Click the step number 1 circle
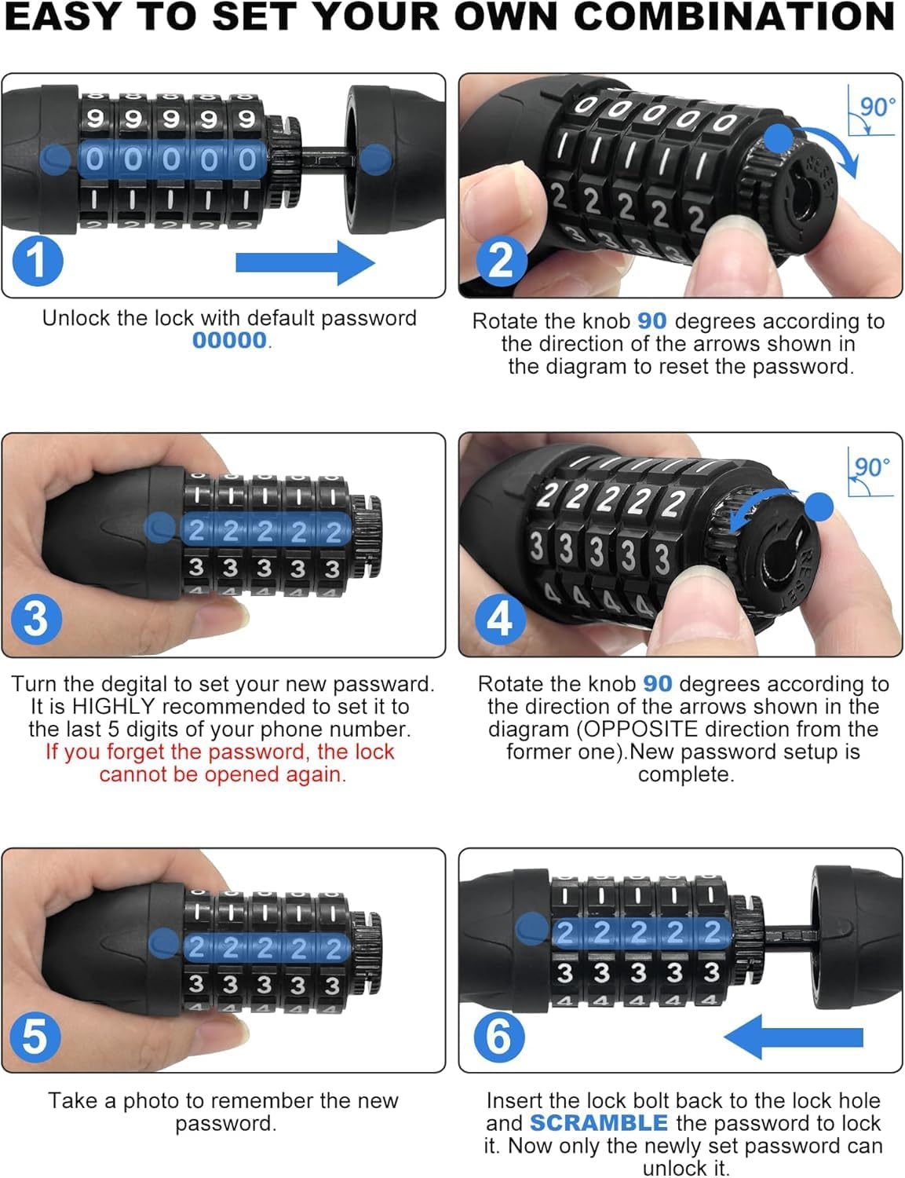click(x=37, y=261)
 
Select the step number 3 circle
click(x=36, y=619)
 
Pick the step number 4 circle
click(x=500, y=619)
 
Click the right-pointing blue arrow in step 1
click(x=305, y=262)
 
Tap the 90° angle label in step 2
click(x=877, y=108)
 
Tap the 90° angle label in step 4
click(x=872, y=467)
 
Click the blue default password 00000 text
click(x=230, y=341)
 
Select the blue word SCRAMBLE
click(x=599, y=1123)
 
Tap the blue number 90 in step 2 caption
click(x=651, y=321)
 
